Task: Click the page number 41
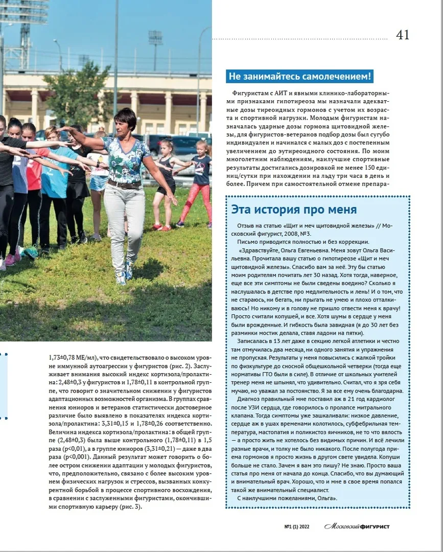coord(403,35)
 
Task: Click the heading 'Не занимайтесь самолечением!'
coord(300,77)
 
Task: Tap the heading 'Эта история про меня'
coord(294,210)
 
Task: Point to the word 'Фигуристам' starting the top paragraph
coord(248,93)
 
